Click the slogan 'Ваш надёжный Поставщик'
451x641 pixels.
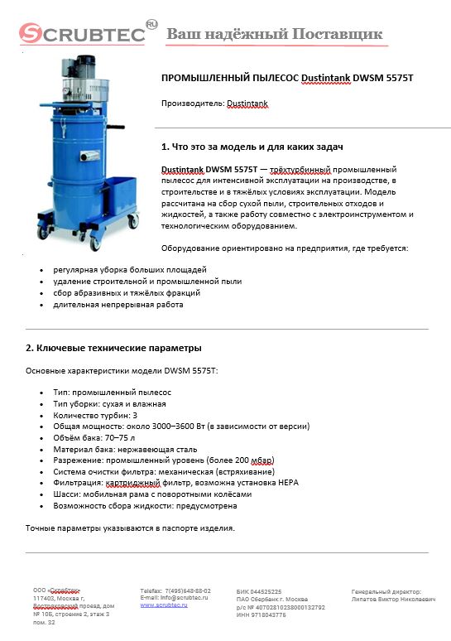point(274,34)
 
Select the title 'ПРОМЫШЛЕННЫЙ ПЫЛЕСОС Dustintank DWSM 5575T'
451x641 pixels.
point(286,78)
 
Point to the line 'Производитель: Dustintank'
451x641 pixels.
point(214,104)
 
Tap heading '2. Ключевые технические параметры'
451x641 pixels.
point(113,348)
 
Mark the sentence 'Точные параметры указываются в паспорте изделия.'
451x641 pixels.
point(130,528)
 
